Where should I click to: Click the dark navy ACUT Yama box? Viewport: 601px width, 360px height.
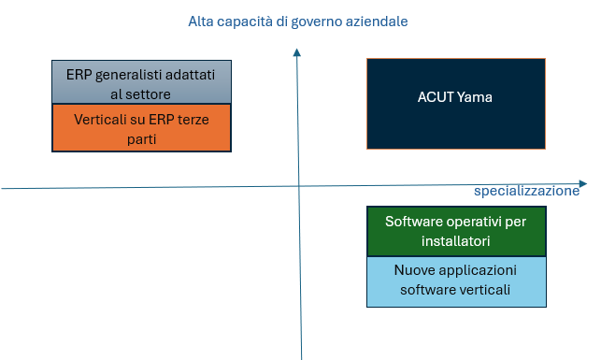455,103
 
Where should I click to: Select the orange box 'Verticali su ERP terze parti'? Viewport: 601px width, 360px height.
141,127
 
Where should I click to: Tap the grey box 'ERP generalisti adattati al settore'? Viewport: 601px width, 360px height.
141,82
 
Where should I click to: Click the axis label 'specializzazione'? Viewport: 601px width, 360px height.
526,192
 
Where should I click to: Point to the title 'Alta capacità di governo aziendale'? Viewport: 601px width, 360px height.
298,21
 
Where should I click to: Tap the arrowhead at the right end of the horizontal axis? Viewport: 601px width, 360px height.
582,182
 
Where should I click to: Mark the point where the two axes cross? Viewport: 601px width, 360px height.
298,185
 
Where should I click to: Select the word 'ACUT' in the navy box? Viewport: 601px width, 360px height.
435,96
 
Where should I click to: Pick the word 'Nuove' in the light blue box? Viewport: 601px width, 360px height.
414,270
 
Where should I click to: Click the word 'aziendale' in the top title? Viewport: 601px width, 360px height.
378,21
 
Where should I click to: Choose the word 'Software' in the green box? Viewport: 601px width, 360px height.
413,222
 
